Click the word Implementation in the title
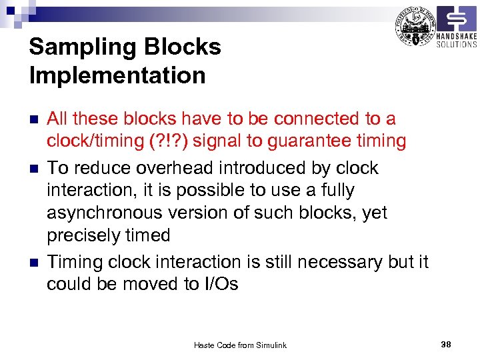point(117,76)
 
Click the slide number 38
point(446,344)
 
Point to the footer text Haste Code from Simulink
point(240,345)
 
